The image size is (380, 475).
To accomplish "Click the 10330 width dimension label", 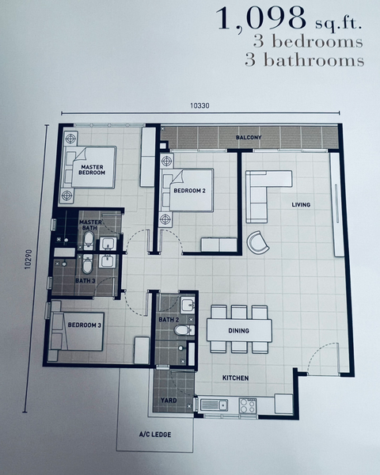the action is (199, 105).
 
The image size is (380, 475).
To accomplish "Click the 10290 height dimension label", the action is (28, 260).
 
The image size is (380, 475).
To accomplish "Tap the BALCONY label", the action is (249, 137).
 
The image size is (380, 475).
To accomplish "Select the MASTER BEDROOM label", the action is (92, 169).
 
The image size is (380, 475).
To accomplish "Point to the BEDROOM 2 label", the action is (189, 191).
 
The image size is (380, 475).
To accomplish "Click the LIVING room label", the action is (301, 205).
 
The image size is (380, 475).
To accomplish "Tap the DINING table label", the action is (238, 330).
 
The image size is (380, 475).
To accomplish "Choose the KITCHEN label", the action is (235, 378).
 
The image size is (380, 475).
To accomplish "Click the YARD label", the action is (169, 400).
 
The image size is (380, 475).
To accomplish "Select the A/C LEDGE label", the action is (155, 435).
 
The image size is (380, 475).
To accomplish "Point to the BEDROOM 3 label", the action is (84, 325).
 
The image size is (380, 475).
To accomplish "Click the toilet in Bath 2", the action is (184, 330).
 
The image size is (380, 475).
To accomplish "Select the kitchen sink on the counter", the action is (214, 405).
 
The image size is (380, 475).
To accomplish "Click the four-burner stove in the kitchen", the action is (248, 405).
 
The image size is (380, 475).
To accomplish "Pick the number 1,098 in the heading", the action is (261, 19).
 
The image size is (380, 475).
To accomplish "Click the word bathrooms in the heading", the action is (314, 60).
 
